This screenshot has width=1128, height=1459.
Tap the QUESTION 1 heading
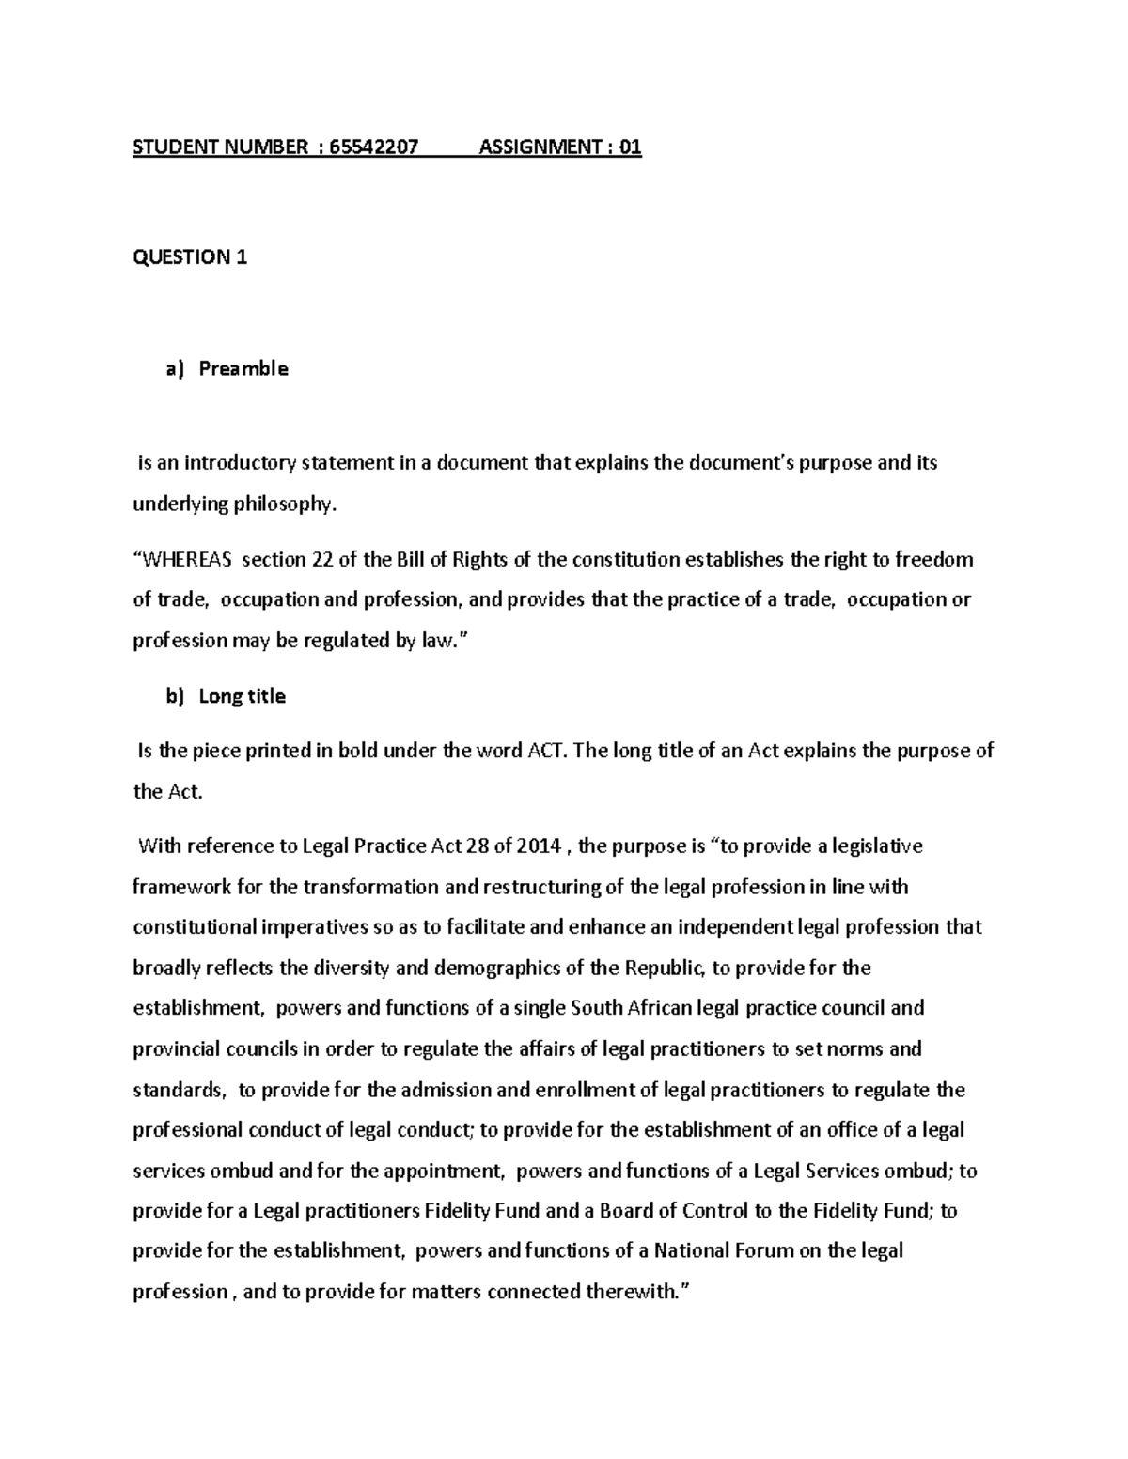point(190,257)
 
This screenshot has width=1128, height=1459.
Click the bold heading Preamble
point(243,368)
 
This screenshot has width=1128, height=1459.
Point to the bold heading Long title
point(242,696)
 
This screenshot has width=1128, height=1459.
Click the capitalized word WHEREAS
point(185,560)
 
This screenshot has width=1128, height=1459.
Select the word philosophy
point(288,504)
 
